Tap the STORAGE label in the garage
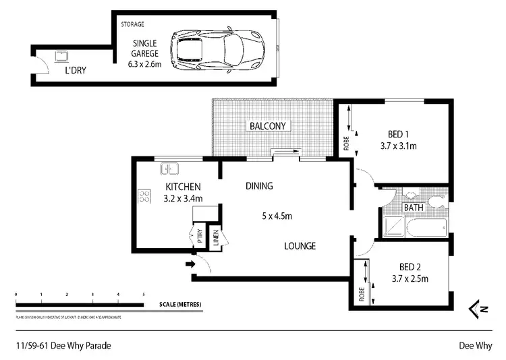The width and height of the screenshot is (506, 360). (132, 24)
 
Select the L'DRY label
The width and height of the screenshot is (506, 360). (75, 69)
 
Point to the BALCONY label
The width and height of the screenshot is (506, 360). (269, 125)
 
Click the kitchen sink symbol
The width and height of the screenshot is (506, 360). (168, 169)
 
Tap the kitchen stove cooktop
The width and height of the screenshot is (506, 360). (144, 196)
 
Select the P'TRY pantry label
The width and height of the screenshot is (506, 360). (200, 236)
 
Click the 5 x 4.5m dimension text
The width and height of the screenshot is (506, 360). (276, 216)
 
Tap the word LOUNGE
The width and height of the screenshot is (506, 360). (300, 246)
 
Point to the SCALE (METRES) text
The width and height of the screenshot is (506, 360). (179, 304)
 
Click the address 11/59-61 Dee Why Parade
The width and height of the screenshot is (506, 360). (63, 345)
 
